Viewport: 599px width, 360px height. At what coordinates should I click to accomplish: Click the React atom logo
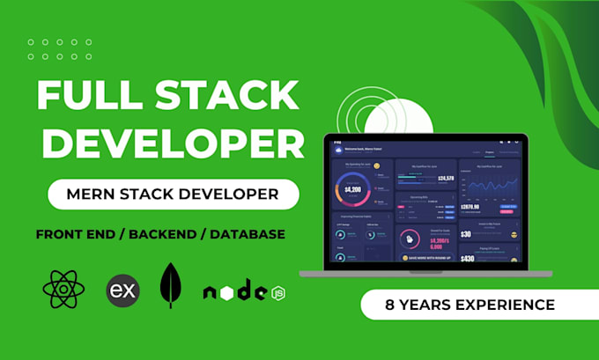(x=63, y=290)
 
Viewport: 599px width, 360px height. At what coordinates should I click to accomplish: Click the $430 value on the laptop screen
(x=467, y=259)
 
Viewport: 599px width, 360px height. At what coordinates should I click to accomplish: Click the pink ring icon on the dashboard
(x=409, y=239)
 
